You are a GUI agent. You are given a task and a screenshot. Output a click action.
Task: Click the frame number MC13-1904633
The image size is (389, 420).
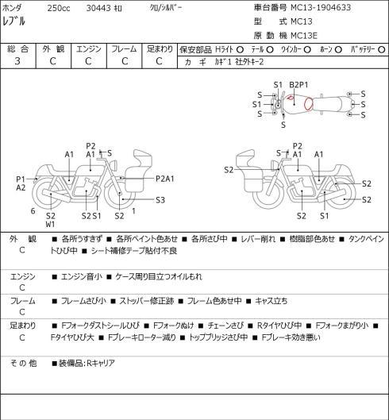click(321, 7)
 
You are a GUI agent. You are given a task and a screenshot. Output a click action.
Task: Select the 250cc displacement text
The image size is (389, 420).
click(59, 8)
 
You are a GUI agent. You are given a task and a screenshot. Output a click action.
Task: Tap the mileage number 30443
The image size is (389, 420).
click(98, 8)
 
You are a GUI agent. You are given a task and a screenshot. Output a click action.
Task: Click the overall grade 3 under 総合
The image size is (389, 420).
click(17, 61)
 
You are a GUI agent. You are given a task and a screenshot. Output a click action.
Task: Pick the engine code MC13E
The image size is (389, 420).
click(304, 36)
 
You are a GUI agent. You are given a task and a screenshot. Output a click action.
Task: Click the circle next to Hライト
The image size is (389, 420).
click(240, 50)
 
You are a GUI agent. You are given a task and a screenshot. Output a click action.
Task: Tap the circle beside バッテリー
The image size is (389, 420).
click(382, 50)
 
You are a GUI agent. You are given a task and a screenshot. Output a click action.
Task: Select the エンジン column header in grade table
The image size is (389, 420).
click(89, 49)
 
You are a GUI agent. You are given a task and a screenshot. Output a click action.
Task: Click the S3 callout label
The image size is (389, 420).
click(160, 200)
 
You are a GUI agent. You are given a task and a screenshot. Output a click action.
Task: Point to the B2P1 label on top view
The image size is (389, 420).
click(298, 85)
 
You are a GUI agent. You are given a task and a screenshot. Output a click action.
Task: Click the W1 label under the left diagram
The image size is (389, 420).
click(50, 224)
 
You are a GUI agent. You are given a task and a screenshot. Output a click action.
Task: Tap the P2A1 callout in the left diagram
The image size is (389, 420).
click(165, 179)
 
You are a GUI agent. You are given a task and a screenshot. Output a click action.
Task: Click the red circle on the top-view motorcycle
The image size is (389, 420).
click(308, 104)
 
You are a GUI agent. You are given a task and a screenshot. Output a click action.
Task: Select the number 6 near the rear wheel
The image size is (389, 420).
click(33, 211)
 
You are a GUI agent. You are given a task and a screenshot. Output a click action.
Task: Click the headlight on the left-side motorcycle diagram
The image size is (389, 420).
click(114, 164)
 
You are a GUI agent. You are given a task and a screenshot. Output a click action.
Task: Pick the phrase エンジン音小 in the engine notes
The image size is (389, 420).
click(82, 276)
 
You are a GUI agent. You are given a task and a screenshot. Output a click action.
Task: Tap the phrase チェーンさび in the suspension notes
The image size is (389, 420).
click(225, 326)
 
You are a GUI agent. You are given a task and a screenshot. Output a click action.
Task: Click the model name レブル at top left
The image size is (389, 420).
click(13, 21)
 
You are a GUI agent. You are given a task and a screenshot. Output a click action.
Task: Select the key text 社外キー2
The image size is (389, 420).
click(249, 62)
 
